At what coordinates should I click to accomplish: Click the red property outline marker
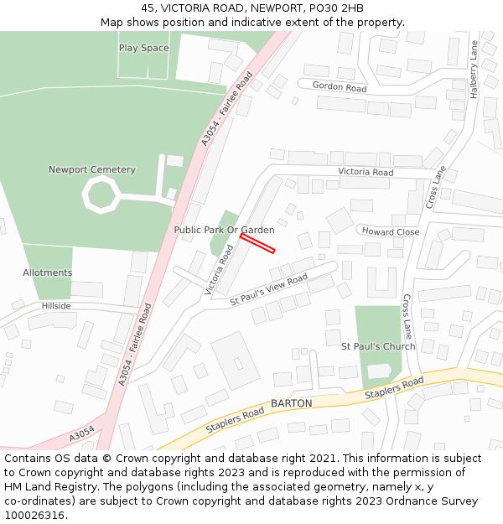(257, 242)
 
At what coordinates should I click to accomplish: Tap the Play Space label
(143, 48)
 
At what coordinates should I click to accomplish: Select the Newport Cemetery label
(91, 169)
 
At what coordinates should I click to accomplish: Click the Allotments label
(47, 272)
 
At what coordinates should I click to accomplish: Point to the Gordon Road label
(340, 87)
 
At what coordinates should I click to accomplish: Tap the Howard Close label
(391, 231)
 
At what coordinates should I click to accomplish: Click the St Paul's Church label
(377, 346)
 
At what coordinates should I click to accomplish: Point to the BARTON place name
(291, 403)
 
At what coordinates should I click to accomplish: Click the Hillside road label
(56, 306)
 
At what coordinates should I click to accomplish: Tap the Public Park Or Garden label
(224, 229)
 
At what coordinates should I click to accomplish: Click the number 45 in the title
(149, 8)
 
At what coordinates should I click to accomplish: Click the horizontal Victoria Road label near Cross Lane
(366, 172)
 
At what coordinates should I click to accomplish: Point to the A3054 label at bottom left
(81, 434)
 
